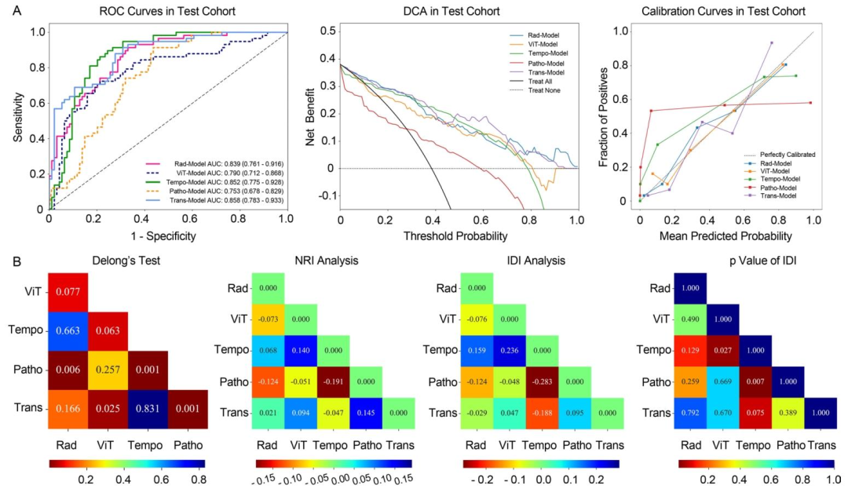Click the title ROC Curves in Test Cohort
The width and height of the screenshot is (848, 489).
[167, 11]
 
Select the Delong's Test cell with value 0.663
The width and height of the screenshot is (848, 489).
[68, 330]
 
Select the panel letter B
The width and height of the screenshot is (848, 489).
[17, 256]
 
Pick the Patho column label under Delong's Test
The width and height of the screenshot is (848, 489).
[185, 444]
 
